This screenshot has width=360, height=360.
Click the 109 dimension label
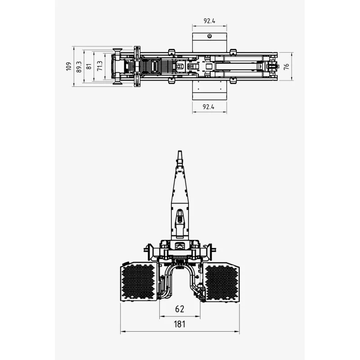(x=69, y=66)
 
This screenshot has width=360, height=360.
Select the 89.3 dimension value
(x=79, y=67)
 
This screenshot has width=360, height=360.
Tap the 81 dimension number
(x=89, y=66)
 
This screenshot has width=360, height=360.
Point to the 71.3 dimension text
(x=99, y=66)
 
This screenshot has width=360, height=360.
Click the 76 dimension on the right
(x=286, y=67)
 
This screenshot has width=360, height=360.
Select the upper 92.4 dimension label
(x=209, y=21)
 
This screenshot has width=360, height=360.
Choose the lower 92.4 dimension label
(x=208, y=107)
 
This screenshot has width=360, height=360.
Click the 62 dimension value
(x=180, y=309)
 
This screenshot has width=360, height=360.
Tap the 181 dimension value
(x=180, y=324)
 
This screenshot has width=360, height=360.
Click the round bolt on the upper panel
(x=209, y=36)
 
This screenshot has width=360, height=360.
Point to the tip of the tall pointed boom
(x=180, y=151)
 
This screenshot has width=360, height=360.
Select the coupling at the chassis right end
(x=273, y=67)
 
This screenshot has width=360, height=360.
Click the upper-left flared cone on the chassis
(x=117, y=51)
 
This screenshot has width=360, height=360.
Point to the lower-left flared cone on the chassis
(x=117, y=82)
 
